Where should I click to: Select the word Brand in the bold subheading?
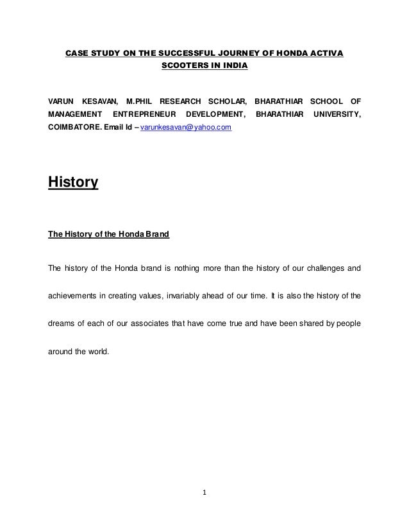point(156,235)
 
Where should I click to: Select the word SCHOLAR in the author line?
point(222,101)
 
